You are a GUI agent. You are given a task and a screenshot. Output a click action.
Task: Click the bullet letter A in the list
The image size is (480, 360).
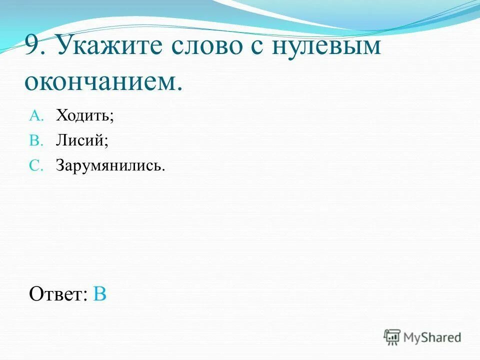pos(36,116)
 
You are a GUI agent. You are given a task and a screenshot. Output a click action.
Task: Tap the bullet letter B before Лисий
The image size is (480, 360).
pos(36,141)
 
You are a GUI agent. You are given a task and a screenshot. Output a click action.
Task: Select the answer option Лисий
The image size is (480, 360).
pos(80,141)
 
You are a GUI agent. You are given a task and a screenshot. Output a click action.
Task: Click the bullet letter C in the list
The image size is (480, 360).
pos(36,166)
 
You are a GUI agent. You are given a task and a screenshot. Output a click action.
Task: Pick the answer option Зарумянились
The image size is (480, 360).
pos(109,166)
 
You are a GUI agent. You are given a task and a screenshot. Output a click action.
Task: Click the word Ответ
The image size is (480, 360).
pos(56,293)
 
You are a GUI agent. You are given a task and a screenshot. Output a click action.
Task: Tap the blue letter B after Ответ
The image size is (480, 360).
pos(100,293)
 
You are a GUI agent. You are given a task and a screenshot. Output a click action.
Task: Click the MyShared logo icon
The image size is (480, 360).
pos(392,337)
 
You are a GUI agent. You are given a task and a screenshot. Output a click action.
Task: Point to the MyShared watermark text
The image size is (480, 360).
pos(432,337)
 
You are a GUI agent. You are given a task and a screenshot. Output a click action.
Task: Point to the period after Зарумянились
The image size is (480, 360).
pos(163,169)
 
